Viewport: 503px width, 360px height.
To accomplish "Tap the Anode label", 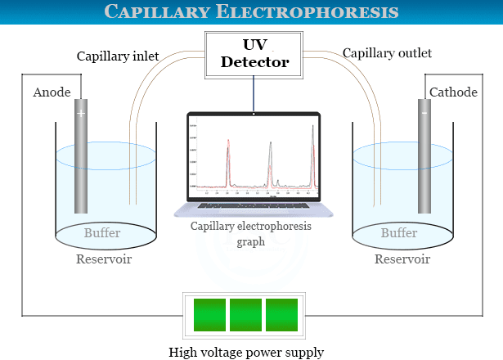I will pyautogui.click(x=52, y=92).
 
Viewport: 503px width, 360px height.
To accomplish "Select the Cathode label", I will pyautogui.click(x=452, y=92).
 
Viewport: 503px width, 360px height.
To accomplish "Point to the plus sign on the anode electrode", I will pyautogui.click(x=80, y=114).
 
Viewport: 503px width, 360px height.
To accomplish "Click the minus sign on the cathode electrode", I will pyautogui.click(x=424, y=113).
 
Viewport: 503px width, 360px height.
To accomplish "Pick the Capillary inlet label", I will pyautogui.click(x=117, y=56).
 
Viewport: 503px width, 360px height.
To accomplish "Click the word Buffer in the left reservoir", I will pyautogui.click(x=102, y=233).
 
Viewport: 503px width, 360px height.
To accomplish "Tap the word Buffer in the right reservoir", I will pyautogui.click(x=399, y=233).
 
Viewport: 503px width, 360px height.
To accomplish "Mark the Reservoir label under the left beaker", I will pyautogui.click(x=104, y=259).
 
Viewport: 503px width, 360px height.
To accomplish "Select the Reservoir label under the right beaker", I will pyautogui.click(x=402, y=259).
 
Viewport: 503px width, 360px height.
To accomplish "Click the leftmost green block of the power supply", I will pyautogui.click(x=209, y=316).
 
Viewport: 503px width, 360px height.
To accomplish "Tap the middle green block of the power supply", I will pyautogui.click(x=246, y=316).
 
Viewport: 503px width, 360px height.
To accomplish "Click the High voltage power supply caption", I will pyautogui.click(x=246, y=353).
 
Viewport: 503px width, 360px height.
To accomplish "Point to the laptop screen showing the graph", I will pyautogui.click(x=253, y=158).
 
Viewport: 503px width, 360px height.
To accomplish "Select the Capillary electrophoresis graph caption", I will pyautogui.click(x=251, y=234).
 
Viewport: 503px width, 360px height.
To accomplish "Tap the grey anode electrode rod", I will pyautogui.click(x=80, y=164).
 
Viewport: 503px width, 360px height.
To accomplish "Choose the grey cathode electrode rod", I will pyautogui.click(x=424, y=164).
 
